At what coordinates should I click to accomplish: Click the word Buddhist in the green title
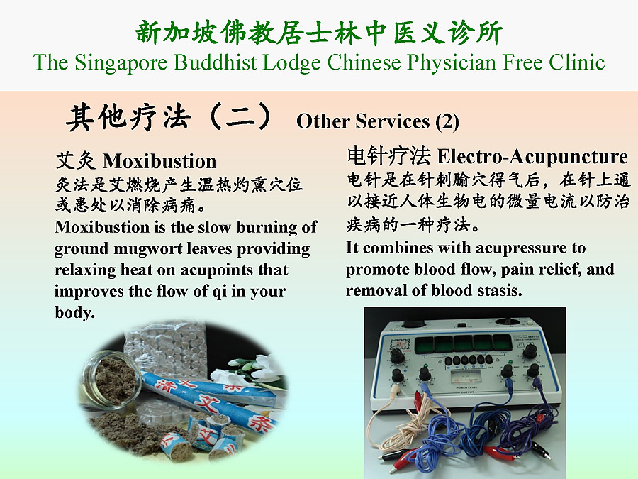[216, 62]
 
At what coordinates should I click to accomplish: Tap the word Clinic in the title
[576, 62]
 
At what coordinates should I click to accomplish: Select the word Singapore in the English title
[121, 63]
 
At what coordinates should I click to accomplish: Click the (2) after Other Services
[447, 121]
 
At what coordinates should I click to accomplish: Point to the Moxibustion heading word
[159, 161]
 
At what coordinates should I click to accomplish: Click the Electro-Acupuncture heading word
[532, 156]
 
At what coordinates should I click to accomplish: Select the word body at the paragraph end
[74, 312]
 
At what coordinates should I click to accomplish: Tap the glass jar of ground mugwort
[111, 379]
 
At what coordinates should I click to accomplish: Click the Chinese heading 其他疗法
[128, 118]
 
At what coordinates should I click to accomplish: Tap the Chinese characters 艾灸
[76, 161]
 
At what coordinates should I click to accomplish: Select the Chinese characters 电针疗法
[388, 156]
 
